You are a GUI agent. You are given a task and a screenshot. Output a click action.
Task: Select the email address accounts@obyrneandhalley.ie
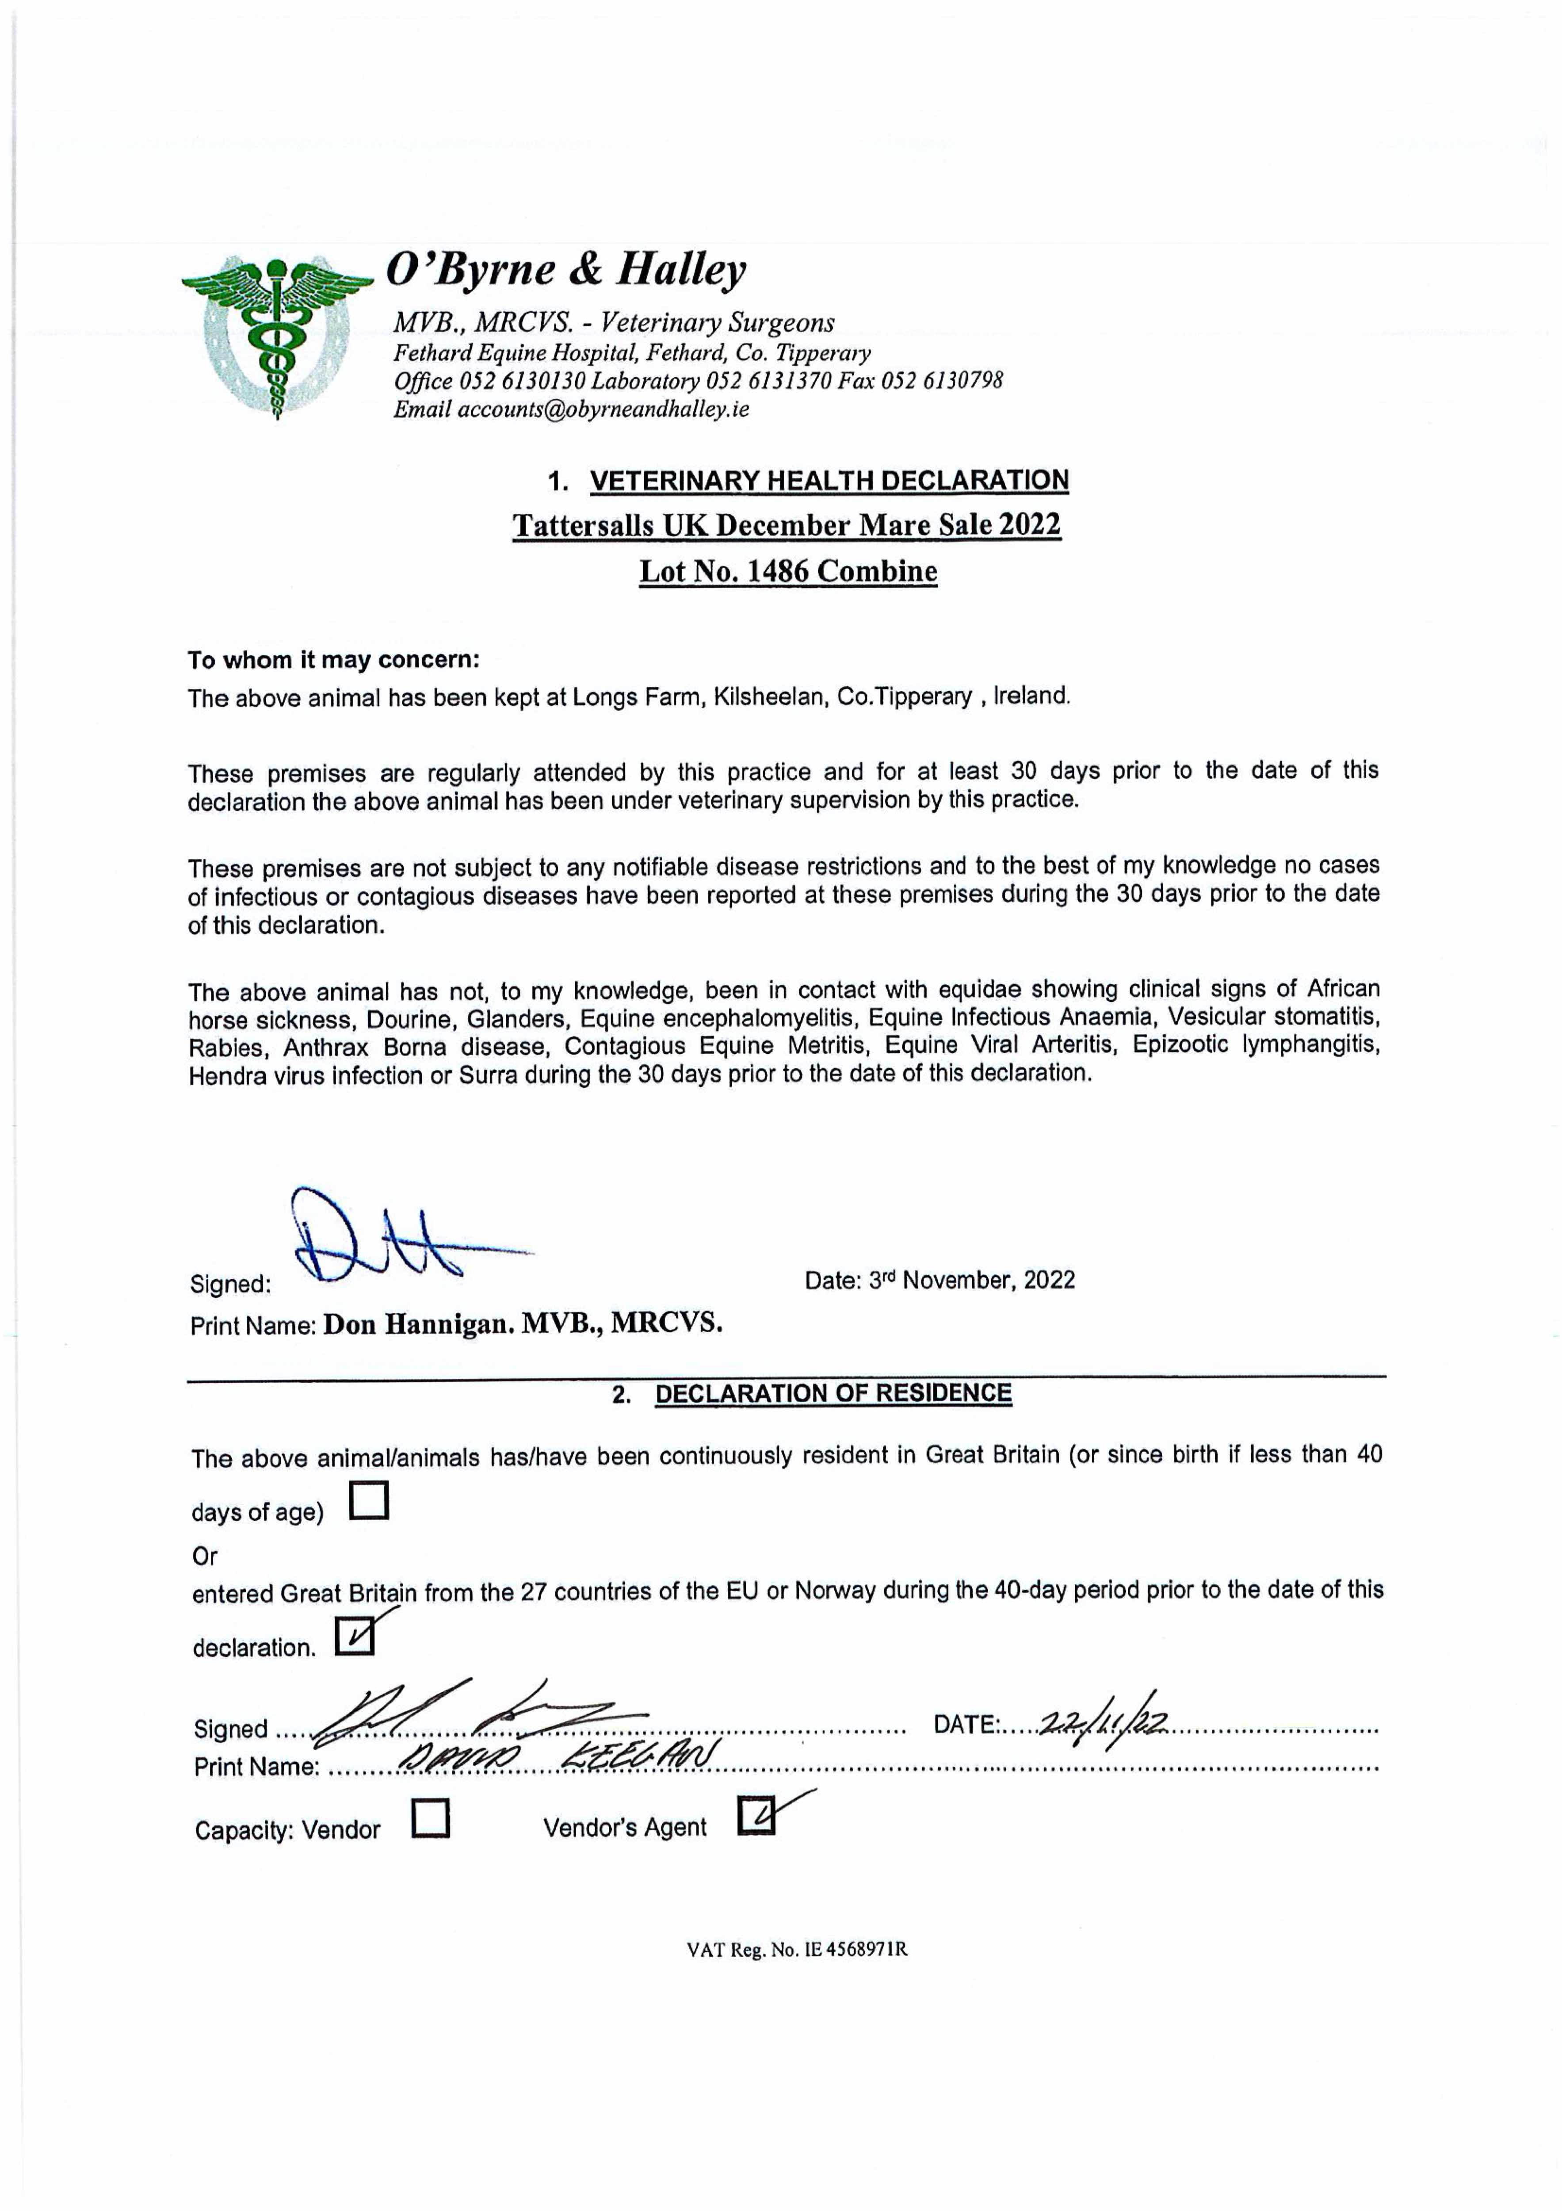603,409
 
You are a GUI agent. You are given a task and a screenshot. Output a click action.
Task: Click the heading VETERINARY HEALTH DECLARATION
828,481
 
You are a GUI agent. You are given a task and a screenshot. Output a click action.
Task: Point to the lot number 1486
778,571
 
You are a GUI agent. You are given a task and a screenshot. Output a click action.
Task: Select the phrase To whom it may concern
333,661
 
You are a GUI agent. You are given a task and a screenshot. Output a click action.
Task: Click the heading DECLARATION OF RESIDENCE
833,1393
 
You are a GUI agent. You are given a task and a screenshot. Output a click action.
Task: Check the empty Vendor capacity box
431,1818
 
